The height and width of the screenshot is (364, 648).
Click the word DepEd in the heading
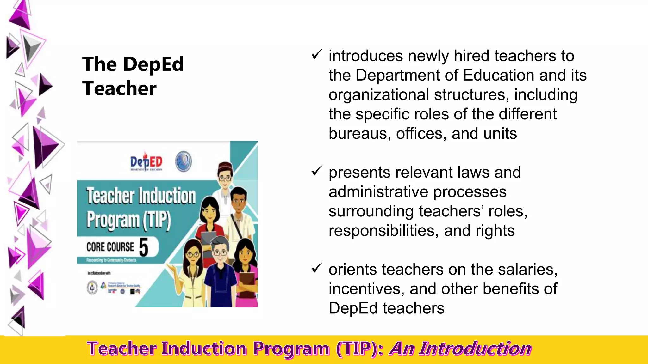coord(153,64)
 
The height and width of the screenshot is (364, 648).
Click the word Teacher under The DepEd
coord(119,88)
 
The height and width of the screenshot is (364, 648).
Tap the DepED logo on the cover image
coord(146,161)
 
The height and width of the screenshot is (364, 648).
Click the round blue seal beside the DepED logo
coord(184,161)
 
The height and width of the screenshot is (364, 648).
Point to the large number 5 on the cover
coord(144,247)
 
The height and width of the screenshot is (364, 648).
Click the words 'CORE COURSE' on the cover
coord(110,247)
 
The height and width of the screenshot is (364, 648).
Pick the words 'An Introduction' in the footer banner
coord(460,349)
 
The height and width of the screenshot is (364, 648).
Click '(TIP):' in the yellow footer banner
coord(360,349)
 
